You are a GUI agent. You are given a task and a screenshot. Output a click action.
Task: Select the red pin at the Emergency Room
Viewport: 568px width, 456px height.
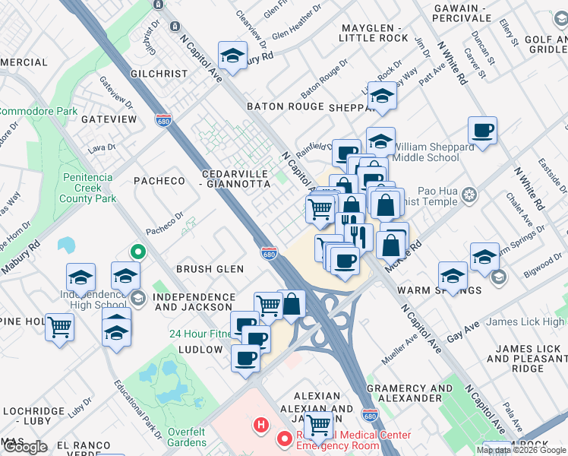pos(285,439)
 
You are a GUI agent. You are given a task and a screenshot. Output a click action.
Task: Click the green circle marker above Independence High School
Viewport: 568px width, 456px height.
pos(137,252)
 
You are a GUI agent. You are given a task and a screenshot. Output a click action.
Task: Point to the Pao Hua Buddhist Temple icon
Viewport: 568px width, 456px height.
pos(470,195)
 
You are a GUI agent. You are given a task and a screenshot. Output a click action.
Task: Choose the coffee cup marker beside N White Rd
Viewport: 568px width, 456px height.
pos(482,131)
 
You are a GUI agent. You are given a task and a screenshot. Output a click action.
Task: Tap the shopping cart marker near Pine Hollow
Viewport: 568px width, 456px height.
pos(59,328)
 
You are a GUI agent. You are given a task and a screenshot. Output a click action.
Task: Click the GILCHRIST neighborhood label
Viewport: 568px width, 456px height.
pos(159,74)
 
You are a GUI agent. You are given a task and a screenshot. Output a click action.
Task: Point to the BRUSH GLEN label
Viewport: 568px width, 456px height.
pos(210,269)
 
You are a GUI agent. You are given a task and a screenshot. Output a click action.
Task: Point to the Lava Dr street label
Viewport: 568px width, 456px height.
pos(101,147)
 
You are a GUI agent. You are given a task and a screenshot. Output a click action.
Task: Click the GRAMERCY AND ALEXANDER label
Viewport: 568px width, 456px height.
pos(409,393)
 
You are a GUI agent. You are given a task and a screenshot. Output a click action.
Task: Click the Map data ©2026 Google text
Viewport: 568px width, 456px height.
pos(520,450)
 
